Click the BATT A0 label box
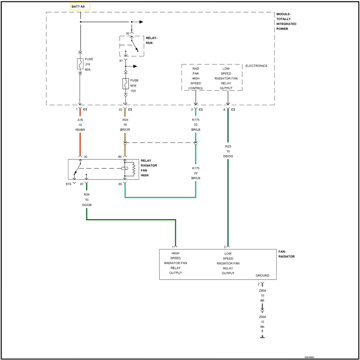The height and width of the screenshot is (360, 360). [80, 6]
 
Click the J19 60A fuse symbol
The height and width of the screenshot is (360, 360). [80, 64]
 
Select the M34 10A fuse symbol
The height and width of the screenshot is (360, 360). [125, 84]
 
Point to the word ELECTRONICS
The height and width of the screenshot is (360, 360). [256, 66]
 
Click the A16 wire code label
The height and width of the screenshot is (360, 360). [80, 120]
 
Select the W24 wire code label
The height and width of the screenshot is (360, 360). [125, 120]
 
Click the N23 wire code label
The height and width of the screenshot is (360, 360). [228, 146]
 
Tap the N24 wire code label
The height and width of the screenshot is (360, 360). [86, 194]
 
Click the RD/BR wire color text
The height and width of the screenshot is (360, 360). [80, 130]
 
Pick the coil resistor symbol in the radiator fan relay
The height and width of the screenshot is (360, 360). [133, 169]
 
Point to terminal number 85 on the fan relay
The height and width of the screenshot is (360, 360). [121, 184]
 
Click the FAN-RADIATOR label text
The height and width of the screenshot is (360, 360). [286, 254]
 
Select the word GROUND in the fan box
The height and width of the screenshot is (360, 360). [262, 276]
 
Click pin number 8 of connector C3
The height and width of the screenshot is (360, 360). [224, 110]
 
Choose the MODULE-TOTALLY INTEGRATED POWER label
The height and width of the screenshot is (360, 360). [287, 21]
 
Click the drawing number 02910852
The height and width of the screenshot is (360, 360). [309, 357]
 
